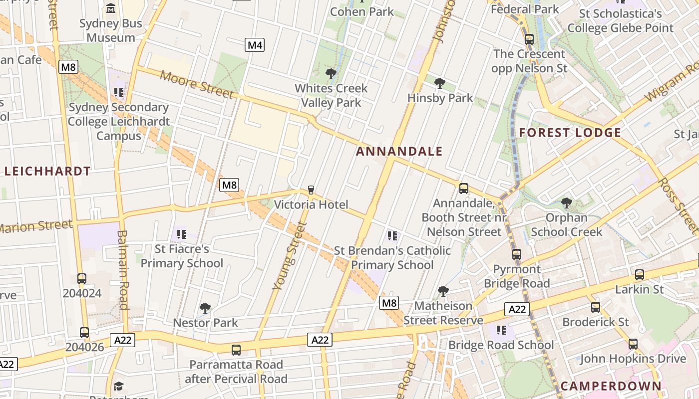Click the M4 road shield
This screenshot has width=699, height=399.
[x=255, y=45]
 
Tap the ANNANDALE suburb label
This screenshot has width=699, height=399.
[x=399, y=151]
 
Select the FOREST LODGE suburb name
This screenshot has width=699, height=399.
[x=570, y=133]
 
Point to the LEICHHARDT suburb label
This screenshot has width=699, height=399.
[x=47, y=171]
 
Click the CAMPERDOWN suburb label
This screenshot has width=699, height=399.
[x=611, y=386]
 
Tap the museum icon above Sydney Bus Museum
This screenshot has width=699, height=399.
[x=111, y=8]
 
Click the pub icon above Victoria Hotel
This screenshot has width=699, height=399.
[x=311, y=190]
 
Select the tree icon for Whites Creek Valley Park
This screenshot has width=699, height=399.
[x=331, y=74]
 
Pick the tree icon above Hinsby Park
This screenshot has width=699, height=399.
[x=440, y=83]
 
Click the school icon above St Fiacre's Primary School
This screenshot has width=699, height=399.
[x=182, y=233]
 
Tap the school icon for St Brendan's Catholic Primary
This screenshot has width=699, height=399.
[x=392, y=235]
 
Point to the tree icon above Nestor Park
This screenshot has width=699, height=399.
[x=205, y=308]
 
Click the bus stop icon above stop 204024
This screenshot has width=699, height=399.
[x=82, y=278]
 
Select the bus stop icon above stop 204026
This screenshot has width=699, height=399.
[x=84, y=332]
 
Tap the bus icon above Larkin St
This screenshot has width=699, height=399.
[x=639, y=274]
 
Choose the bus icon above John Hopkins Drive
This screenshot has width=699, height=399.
[x=633, y=344]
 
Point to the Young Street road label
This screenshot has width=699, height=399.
[x=289, y=256]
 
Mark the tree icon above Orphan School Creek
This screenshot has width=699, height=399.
[x=566, y=202]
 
